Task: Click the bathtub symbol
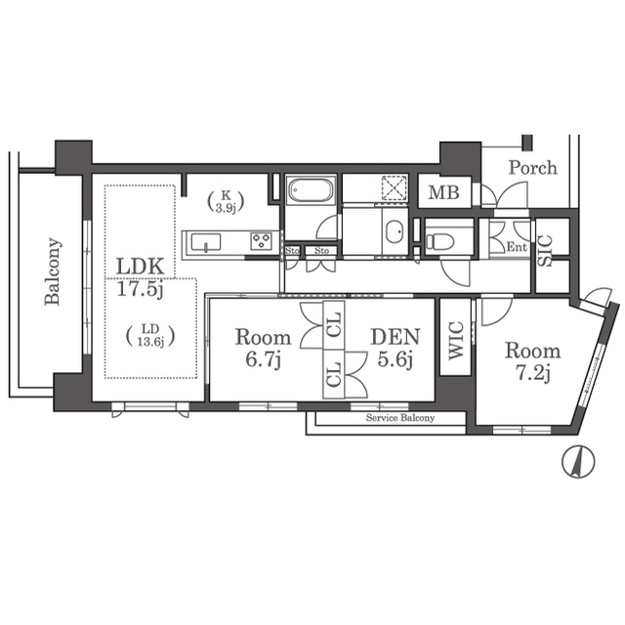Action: coord(311,190)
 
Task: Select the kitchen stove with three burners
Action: coord(261,241)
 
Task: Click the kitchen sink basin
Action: coord(206,242)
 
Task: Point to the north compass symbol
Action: coord(578,462)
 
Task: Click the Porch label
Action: coord(533,168)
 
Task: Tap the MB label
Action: coord(443,193)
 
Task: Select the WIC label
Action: coord(456,341)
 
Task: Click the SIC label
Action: coord(545,251)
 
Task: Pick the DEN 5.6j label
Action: coord(396,348)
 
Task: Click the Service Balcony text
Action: coord(400,418)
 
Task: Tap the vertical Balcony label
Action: coord(53,271)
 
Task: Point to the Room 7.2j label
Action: coord(533,361)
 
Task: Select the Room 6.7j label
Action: coord(263,348)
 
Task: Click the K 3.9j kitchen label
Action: coord(226,202)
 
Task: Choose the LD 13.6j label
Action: coord(150,335)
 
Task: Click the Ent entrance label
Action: coord(517,247)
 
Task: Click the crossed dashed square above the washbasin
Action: coord(394,187)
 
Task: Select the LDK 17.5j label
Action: coord(141,277)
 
